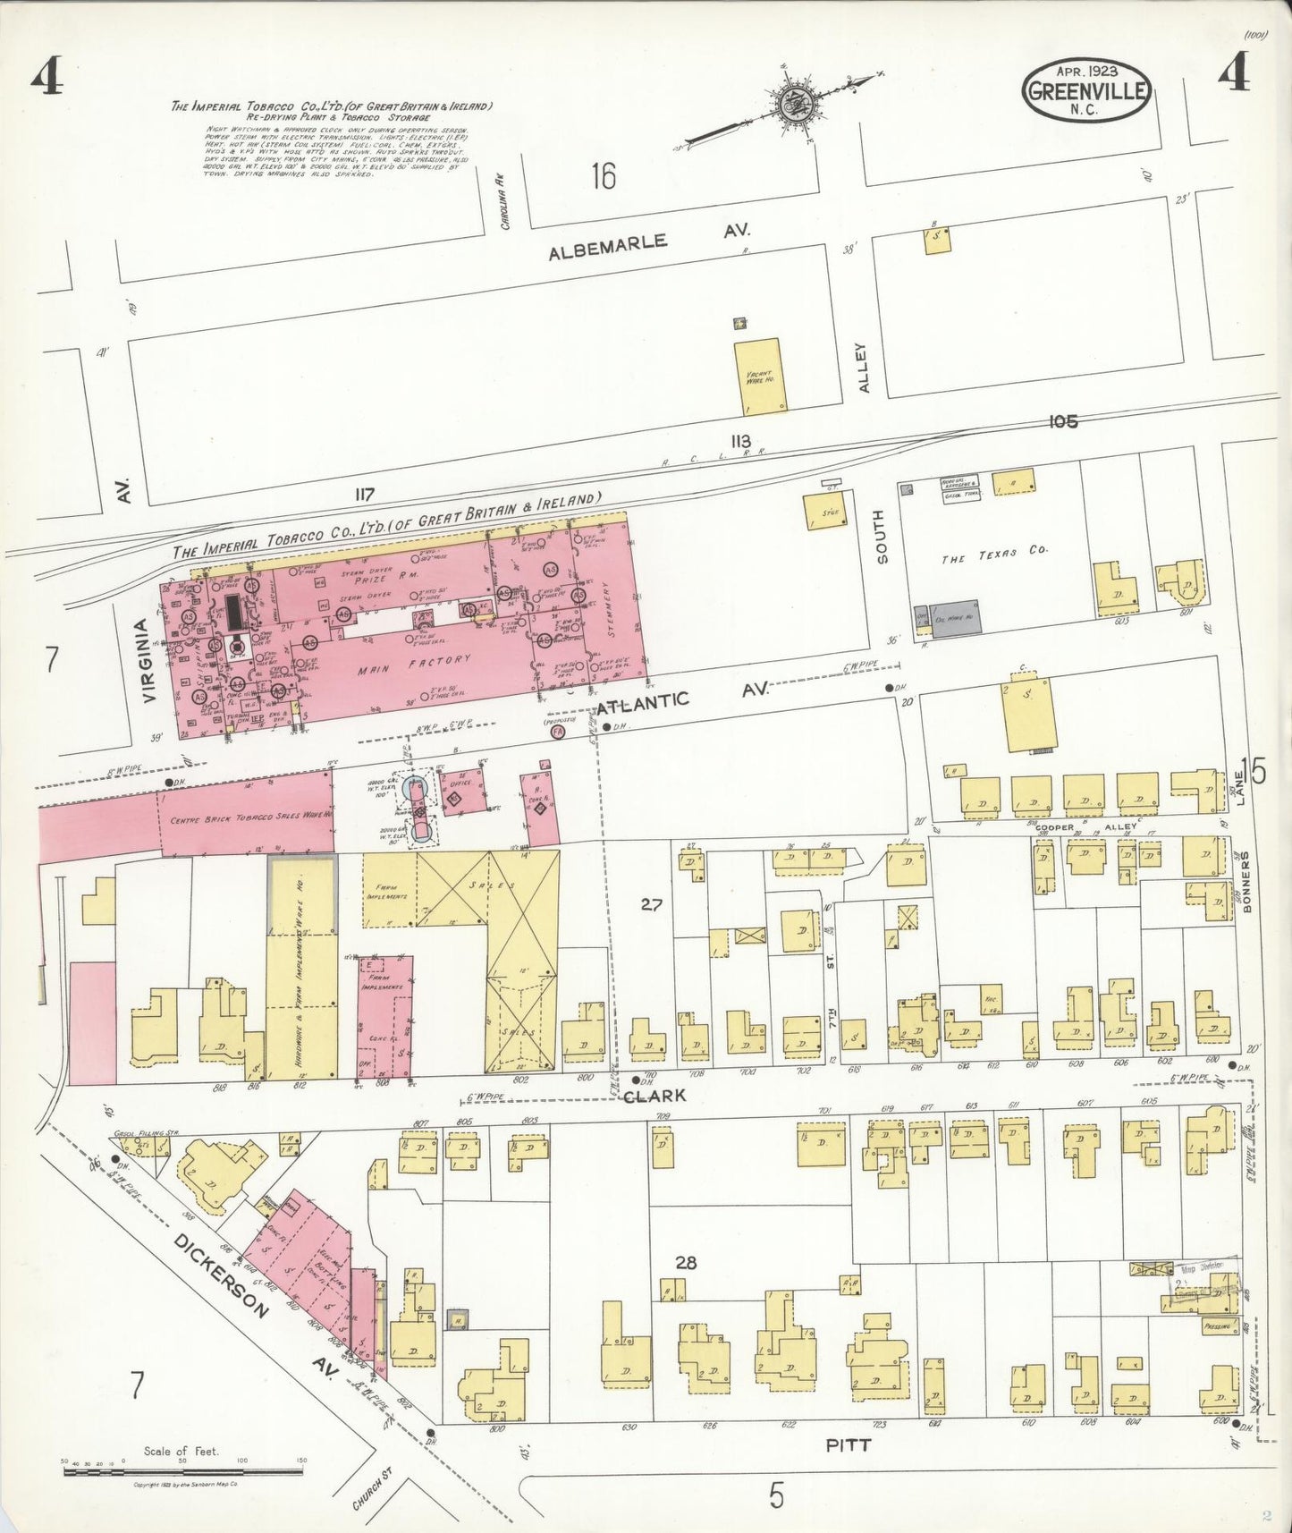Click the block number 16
[603, 176]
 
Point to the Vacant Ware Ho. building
[759, 376]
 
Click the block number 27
[651, 904]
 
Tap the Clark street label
[655, 1095]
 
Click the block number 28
[686, 1263]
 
